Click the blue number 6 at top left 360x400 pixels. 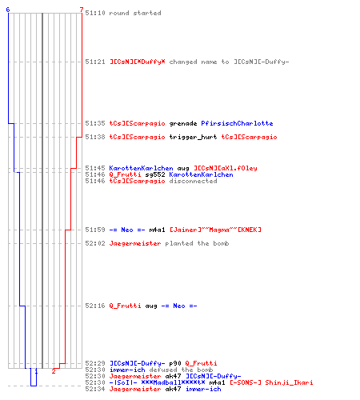coord(8,10)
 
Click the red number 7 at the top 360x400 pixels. coord(82,10)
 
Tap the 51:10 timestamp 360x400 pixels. coord(95,13)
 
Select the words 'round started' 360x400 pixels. coord(135,13)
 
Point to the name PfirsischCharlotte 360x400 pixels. coord(237,123)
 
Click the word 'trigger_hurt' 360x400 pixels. coord(193,137)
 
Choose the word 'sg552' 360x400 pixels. coord(155,174)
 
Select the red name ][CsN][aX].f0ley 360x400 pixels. coord(226,168)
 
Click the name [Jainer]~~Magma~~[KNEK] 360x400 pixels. coord(215,230)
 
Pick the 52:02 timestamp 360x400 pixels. coord(95,243)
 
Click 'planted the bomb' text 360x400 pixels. coord(197,243)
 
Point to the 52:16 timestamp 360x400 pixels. coord(95,306)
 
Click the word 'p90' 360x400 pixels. coord(175,363)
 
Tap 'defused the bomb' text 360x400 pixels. coord(181,370)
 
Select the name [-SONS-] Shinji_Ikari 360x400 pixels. coord(271,382)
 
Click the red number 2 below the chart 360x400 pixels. coord(54,371)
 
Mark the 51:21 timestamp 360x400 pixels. coord(95,62)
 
